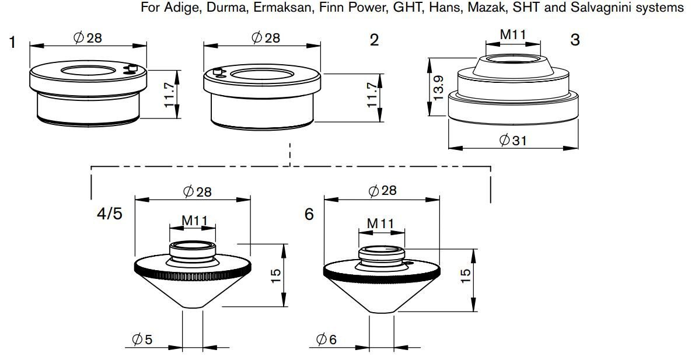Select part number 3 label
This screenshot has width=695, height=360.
click(575, 40)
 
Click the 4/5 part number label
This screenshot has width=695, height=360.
click(109, 214)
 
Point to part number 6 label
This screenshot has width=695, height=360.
click(309, 214)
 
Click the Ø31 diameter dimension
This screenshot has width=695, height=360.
click(513, 140)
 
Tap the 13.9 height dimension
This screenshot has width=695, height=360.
click(438, 88)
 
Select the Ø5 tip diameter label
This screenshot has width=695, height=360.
click(142, 338)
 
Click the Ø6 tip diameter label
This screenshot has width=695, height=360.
click(327, 338)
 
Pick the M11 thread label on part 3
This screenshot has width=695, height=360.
click(513, 34)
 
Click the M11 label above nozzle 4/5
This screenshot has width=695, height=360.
click(192, 221)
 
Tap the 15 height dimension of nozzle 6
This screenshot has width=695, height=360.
click(465, 276)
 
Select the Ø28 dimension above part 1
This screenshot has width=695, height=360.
click(88, 38)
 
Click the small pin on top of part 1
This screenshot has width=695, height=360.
click(132, 69)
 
